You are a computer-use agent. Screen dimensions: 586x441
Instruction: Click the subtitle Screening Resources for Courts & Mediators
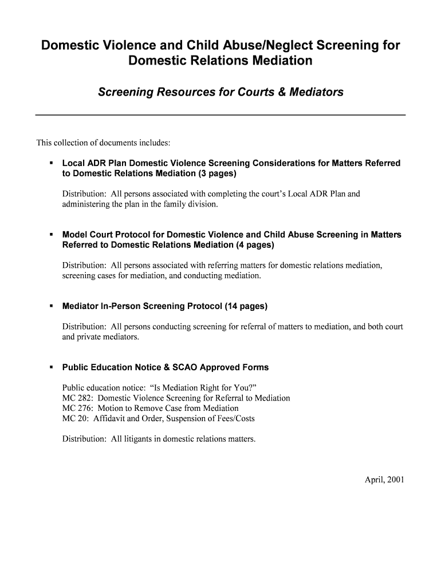[x=220, y=92]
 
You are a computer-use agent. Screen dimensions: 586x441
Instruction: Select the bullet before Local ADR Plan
[x=51, y=164]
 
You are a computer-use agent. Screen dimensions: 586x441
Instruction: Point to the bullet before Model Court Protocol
[x=51, y=235]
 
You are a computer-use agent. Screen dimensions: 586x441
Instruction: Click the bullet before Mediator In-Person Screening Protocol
[x=51, y=306]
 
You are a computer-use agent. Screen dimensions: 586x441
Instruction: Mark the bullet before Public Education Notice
[x=51, y=367]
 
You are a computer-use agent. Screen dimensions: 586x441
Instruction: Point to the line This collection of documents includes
[x=104, y=142]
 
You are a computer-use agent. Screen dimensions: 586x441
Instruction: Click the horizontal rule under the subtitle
[x=220, y=115]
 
